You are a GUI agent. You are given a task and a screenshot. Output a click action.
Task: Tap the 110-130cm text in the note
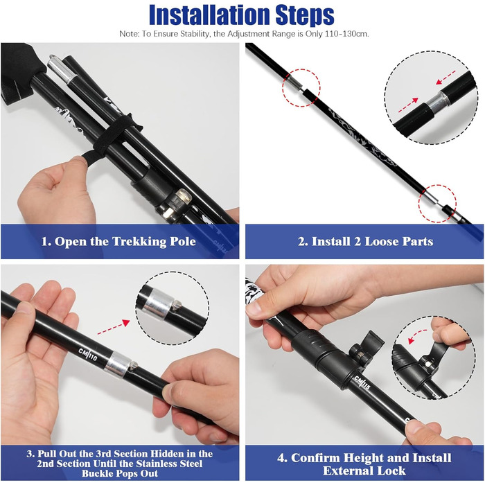347,34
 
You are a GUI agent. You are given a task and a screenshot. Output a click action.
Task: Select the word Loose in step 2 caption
382,241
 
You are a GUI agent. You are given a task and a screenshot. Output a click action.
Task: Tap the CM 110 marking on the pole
88,355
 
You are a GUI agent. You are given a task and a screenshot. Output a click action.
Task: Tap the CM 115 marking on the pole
362,382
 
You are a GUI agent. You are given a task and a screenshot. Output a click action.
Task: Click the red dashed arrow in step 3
114,328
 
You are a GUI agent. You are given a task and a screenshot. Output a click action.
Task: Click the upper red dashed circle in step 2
301,88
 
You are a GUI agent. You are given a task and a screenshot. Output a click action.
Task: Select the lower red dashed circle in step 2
437,204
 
